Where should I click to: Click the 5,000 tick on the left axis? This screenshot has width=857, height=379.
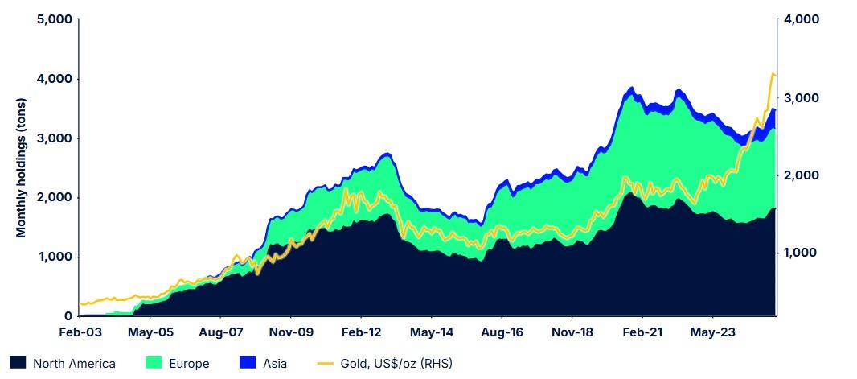(55, 19)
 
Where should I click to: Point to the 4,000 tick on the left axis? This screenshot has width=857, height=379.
(55, 79)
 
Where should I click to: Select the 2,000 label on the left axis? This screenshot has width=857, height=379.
(55, 197)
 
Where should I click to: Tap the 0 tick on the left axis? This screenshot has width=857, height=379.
(68, 316)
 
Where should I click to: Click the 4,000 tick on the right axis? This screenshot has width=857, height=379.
(801, 19)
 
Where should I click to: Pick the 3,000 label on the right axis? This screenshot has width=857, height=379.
(801, 97)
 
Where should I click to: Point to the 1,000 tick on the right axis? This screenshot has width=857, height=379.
(801, 253)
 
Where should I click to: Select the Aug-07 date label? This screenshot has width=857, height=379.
(221, 332)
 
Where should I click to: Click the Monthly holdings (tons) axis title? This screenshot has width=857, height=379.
(22, 168)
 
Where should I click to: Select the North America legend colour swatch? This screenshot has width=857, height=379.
(18, 364)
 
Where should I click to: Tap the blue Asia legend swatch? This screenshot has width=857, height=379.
(246, 364)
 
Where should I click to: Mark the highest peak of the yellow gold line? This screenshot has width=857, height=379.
(773, 74)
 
